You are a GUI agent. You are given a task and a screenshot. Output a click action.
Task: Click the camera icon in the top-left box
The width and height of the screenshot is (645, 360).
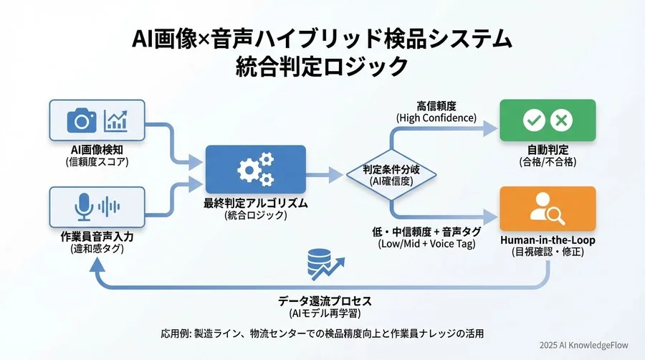point(82,120)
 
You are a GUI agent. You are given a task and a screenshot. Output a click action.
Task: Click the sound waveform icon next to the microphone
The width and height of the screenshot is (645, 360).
point(109,207)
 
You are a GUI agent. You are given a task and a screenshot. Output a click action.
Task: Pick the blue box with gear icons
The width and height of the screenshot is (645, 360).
point(255,169)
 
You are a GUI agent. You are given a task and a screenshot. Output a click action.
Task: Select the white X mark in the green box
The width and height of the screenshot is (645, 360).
point(563,120)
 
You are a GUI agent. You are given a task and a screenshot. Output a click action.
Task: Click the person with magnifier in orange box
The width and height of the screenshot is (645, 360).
point(548,209)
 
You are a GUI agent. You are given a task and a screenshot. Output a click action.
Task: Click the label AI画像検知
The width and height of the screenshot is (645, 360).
point(97,150)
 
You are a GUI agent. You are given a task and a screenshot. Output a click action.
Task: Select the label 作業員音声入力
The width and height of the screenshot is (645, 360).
point(97,237)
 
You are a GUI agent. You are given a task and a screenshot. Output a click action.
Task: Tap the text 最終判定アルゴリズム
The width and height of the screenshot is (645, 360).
point(255,203)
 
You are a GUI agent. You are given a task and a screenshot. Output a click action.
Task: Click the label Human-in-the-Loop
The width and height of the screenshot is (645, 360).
point(548,240)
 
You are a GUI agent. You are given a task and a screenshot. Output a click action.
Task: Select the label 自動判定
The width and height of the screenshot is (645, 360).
point(548,151)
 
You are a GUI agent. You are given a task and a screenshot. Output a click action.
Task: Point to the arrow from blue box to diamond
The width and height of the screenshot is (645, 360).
point(327,174)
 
